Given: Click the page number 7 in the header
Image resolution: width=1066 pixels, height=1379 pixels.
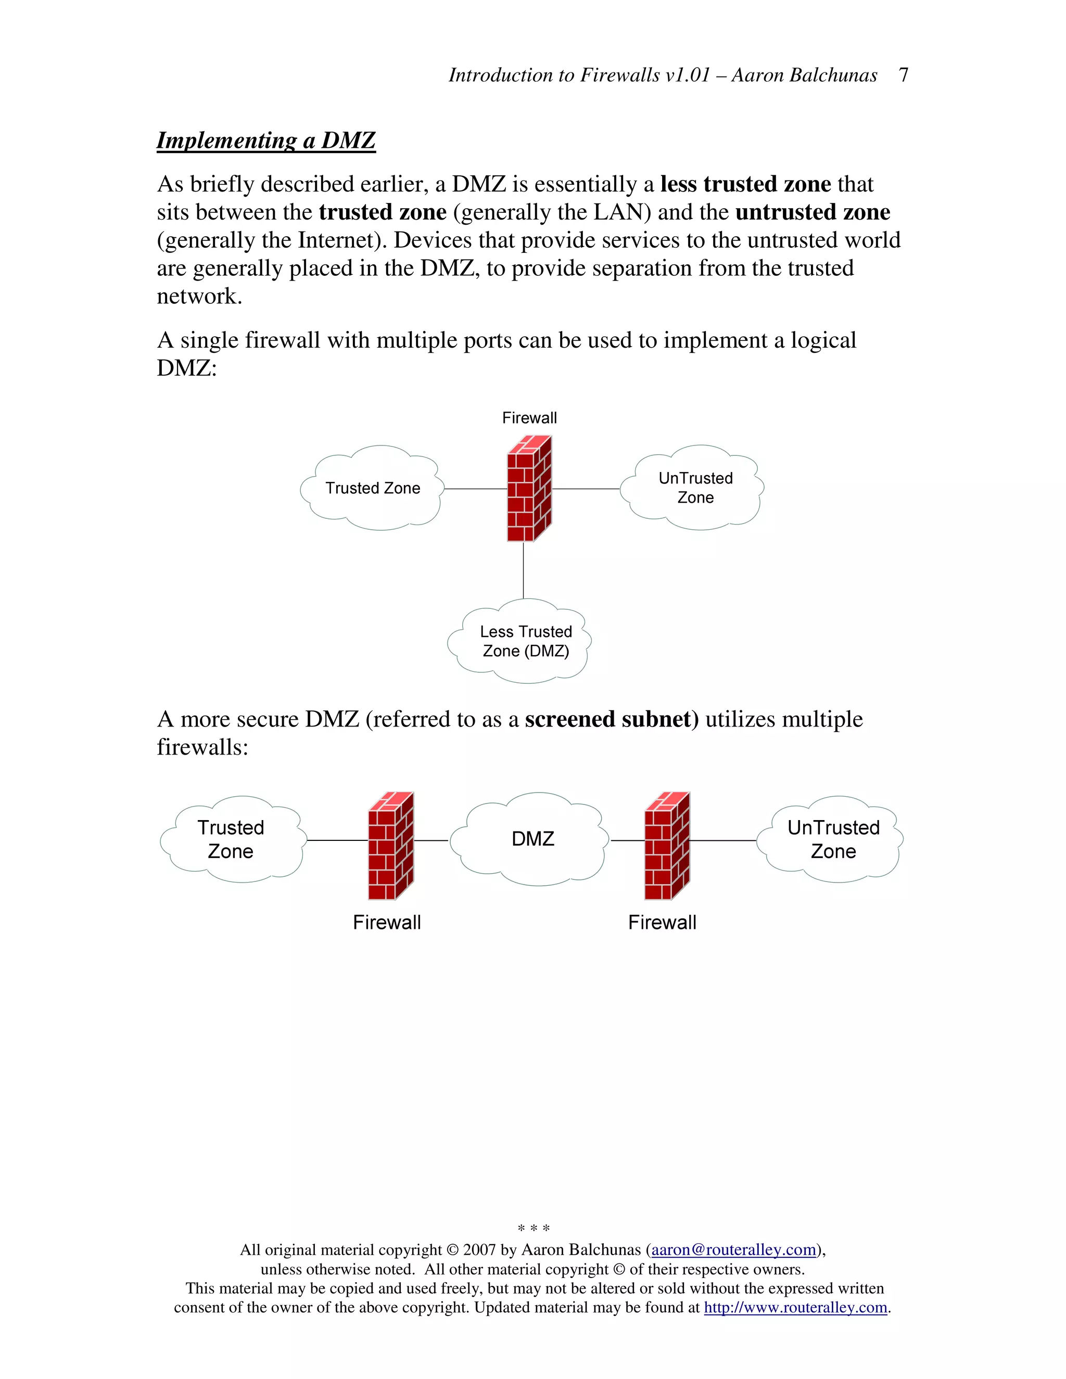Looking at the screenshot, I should tap(903, 75).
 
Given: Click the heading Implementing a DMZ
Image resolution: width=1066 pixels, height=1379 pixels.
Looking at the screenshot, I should tap(266, 140).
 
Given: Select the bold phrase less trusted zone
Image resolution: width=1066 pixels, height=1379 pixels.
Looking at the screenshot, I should tap(745, 184).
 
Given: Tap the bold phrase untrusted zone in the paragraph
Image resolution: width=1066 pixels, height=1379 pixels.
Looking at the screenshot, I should tap(812, 212).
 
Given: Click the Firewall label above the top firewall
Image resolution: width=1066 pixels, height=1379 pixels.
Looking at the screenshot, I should tap(529, 418).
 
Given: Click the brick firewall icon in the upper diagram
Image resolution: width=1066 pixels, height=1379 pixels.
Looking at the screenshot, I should tap(529, 489).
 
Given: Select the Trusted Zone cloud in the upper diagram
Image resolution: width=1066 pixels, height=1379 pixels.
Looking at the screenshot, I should tap(372, 488).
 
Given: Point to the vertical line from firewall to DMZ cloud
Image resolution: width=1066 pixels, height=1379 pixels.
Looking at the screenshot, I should tap(524, 570).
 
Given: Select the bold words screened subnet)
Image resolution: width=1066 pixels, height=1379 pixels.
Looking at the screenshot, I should tap(611, 719).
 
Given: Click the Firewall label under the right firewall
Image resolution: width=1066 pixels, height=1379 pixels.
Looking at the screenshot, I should tap(662, 923).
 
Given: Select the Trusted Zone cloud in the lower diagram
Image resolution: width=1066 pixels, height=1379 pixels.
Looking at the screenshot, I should tap(231, 839).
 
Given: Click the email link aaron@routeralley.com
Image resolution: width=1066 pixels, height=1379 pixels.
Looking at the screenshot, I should tap(734, 1249).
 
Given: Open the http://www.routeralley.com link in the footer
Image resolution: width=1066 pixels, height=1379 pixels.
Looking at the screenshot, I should tap(795, 1307).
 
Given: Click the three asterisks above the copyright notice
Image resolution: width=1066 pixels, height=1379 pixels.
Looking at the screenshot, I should tap(533, 1228).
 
